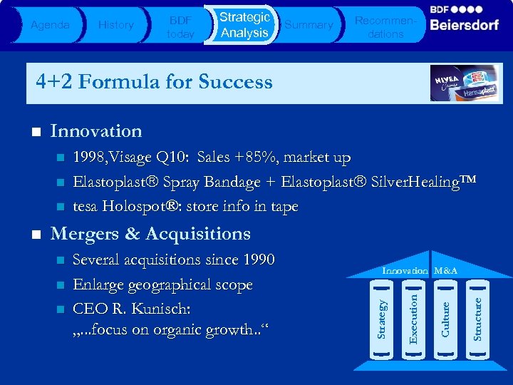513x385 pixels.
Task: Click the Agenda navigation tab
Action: pos(50,25)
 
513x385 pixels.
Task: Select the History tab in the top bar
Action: pos(115,25)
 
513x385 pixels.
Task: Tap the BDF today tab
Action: pos(180,25)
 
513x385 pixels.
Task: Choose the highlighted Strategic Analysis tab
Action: pos(244,25)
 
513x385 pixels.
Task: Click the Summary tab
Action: pos(309,25)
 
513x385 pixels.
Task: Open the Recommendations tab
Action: pos(385,26)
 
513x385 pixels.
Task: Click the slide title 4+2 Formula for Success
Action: pos(154,82)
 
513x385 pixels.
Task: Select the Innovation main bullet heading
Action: pos(96,131)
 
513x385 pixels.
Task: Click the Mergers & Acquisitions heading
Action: pos(150,234)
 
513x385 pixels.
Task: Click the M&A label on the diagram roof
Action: pos(446,271)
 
